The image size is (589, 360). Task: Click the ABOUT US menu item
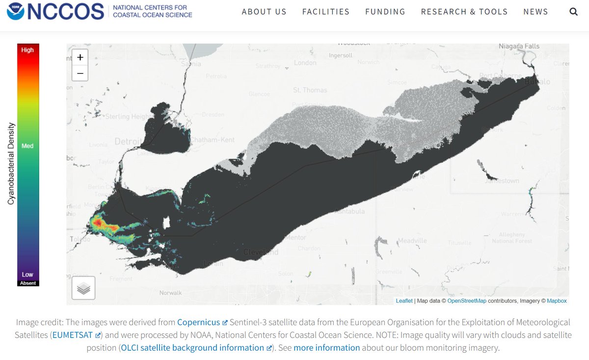264,12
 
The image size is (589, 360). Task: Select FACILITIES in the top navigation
326,12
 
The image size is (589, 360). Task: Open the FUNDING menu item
385,12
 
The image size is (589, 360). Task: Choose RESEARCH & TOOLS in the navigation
464,12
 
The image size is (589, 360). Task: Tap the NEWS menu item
535,12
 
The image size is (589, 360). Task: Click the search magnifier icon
573,12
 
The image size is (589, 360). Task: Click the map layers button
83,288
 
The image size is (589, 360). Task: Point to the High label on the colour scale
27,50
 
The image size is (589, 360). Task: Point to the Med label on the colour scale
27,146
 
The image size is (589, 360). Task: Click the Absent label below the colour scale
28,283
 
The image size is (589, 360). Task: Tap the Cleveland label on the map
261,252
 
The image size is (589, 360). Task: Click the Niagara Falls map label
519,47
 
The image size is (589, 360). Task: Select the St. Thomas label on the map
310,90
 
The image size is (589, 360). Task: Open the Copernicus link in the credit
198,322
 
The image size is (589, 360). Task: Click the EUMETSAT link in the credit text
73,335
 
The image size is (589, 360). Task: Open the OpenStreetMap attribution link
467,301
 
